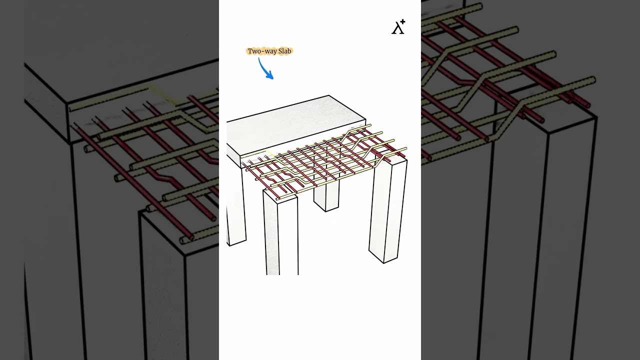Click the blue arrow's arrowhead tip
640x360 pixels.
pyautogui.click(x=273, y=78)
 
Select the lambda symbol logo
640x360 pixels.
pyautogui.click(x=397, y=28)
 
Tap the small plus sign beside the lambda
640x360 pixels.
pyautogui.click(x=402, y=22)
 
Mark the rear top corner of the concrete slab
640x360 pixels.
pyautogui.click(x=328, y=95)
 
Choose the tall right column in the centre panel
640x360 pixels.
pyautogui.click(x=388, y=210)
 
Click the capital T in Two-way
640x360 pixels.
pyautogui.click(x=250, y=51)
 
